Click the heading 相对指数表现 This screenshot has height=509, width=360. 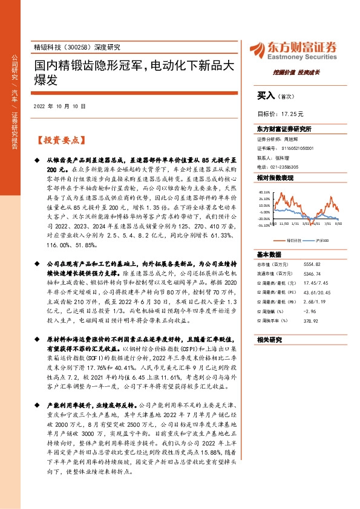click(275, 178)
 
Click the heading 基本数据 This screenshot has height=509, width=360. click(269, 254)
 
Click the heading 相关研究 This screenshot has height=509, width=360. click(269, 339)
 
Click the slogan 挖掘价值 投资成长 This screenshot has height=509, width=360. click(296, 72)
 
